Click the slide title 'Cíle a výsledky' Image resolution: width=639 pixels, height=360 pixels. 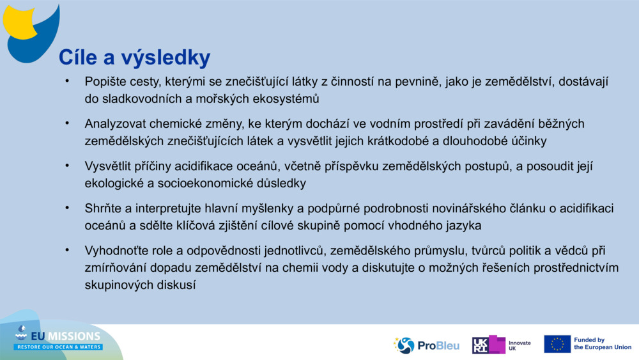(134, 58)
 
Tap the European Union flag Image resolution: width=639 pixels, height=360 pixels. (557, 344)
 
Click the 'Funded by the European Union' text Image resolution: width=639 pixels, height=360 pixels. (602, 344)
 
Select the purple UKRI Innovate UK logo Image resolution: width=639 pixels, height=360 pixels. (489, 345)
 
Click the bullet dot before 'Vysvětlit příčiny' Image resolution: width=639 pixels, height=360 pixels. (66, 165)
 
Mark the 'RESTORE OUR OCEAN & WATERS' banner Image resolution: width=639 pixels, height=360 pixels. (59, 347)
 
